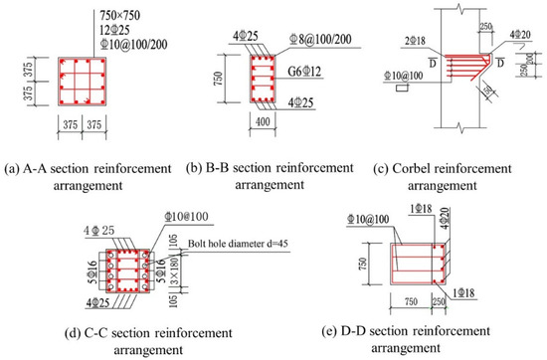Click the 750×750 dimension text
tap(125, 16)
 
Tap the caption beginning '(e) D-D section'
tap(428, 330)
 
